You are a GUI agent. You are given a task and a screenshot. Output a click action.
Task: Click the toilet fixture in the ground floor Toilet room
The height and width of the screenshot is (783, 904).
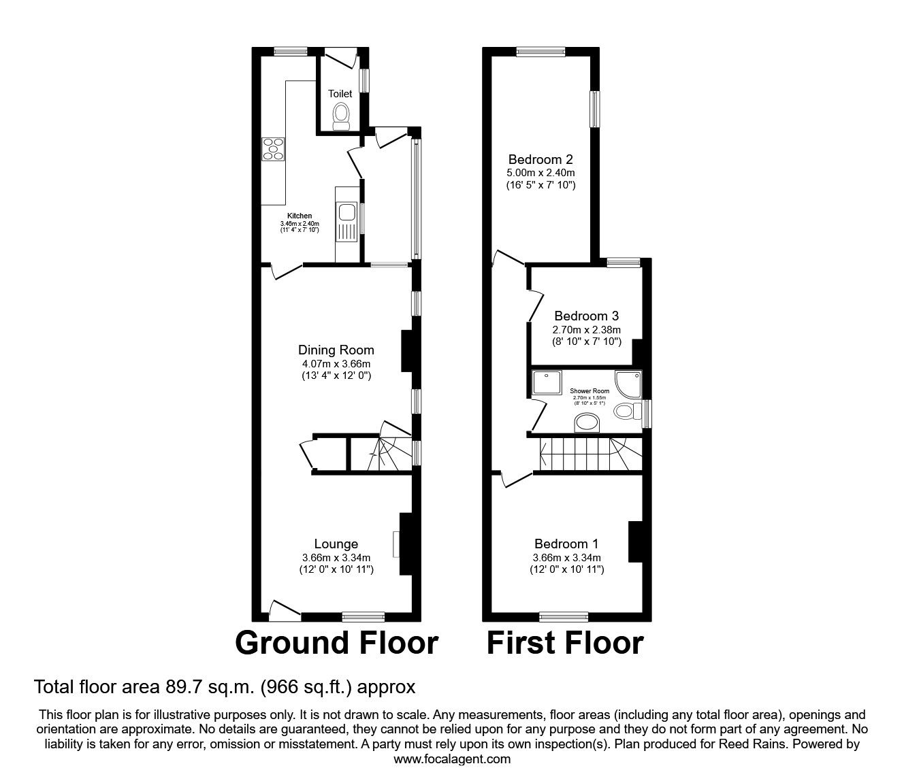click(340, 116)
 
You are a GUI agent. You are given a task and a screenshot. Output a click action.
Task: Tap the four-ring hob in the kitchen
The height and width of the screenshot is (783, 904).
click(273, 149)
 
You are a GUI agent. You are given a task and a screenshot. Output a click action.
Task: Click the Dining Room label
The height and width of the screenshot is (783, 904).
click(336, 350)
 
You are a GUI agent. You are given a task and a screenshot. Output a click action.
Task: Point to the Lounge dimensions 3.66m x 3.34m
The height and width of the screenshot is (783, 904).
click(336, 558)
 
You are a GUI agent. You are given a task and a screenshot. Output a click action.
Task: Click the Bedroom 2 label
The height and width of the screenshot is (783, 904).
click(540, 160)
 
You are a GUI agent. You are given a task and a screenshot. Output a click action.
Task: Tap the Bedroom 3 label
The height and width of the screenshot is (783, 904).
click(586, 316)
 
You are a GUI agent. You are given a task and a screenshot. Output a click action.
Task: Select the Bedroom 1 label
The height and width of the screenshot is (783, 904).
click(566, 544)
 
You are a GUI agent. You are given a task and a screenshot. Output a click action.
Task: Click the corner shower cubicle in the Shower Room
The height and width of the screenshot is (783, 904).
click(628, 383)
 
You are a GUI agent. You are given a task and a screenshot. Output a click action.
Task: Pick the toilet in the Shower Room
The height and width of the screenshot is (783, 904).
click(626, 411)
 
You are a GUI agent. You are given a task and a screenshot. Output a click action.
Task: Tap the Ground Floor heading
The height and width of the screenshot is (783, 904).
click(336, 643)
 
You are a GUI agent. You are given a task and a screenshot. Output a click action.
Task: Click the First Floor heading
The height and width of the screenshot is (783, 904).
click(565, 643)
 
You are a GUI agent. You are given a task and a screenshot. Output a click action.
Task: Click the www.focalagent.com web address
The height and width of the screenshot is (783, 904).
click(452, 759)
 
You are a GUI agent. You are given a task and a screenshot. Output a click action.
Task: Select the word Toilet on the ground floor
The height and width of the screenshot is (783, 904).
click(340, 94)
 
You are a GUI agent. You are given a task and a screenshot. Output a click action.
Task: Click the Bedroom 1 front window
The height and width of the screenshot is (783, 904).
click(564, 617)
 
